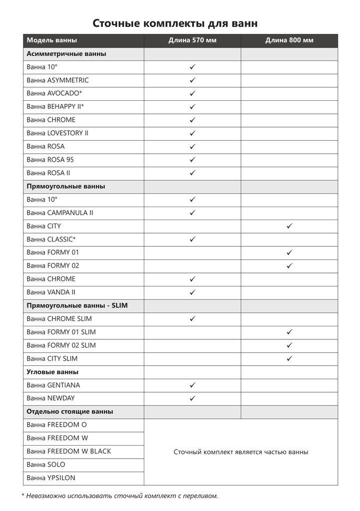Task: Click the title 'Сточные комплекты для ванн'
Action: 175,23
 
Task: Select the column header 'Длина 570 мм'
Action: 192,40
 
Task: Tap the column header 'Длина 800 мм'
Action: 289,40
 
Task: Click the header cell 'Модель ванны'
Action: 52,40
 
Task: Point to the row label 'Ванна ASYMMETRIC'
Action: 58,80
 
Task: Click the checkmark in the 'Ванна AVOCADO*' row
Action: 192,93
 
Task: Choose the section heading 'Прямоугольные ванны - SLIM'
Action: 77,305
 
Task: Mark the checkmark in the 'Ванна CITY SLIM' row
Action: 289,358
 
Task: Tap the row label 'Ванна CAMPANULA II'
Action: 60,213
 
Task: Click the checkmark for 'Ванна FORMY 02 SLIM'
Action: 289,345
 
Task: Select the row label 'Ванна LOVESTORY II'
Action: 57,133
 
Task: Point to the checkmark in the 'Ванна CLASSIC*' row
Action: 192,240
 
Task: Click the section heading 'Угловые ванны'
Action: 52,372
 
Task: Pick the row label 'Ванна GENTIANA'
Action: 53,385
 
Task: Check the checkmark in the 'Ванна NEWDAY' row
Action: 192,398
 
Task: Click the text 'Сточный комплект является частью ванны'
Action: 241,452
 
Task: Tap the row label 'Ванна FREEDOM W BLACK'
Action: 69,451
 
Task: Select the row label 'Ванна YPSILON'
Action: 51,478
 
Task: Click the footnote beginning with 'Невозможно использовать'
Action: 120,496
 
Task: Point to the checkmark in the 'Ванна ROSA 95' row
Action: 192,160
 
